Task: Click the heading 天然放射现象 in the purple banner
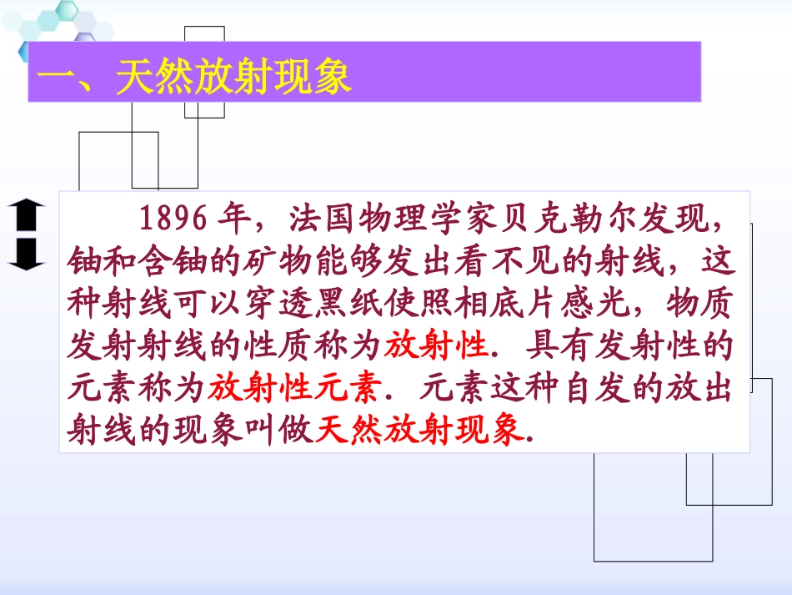(233, 80)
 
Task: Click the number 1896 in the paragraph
(173, 219)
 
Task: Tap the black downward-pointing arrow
(27, 253)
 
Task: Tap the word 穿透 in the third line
(328, 305)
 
